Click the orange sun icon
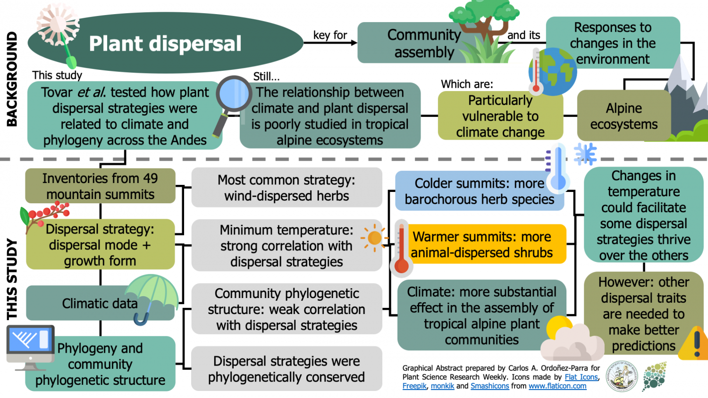click(374, 238)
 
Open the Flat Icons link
click(581, 377)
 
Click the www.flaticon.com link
click(557, 386)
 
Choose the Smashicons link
click(489, 386)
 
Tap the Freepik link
click(414, 386)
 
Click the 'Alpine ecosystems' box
click(624, 116)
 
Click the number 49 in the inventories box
click(150, 178)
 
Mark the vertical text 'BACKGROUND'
click(12, 79)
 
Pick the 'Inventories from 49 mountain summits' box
click(100, 186)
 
